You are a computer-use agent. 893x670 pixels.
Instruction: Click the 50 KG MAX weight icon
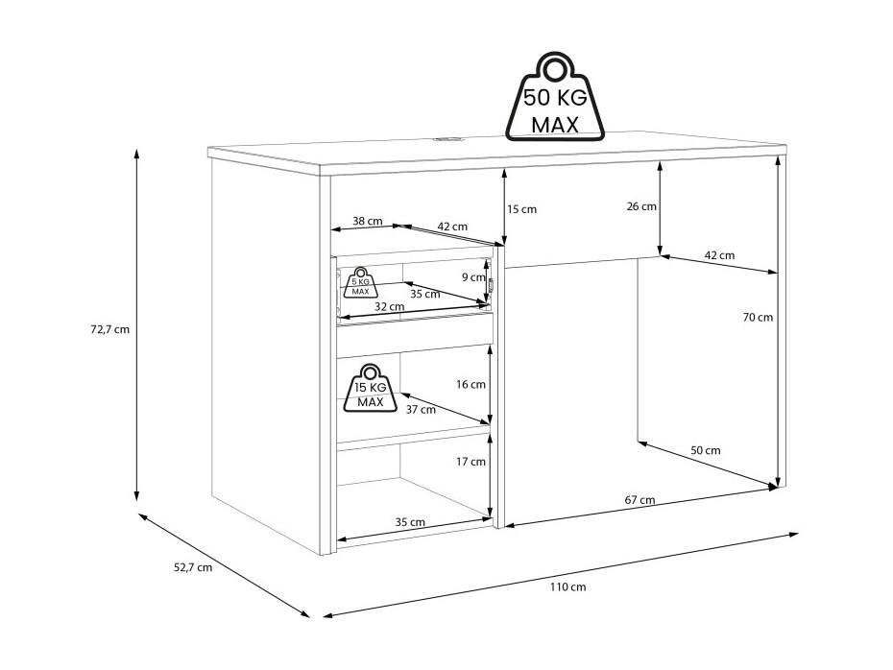point(554,97)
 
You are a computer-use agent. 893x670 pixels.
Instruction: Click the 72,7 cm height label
point(109,329)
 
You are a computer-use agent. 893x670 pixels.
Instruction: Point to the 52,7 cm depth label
point(192,567)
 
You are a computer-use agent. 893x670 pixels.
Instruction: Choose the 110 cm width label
point(567,586)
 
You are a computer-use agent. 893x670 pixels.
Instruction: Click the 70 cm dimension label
point(758,317)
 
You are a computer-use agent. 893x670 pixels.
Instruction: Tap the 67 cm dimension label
point(640,500)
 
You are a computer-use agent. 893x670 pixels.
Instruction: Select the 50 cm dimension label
point(706,450)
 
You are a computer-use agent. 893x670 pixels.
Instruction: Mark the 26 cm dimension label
point(641,206)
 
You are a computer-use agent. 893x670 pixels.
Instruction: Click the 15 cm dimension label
point(521,209)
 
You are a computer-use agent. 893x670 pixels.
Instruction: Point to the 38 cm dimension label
point(368,221)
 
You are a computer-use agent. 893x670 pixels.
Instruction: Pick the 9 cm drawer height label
point(473,277)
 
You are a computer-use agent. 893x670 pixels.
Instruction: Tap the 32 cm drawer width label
point(389,306)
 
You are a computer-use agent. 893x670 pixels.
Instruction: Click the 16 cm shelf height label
point(471,385)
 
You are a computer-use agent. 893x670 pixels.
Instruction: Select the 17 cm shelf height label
point(471,462)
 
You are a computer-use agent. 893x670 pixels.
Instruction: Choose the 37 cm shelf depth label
point(421,409)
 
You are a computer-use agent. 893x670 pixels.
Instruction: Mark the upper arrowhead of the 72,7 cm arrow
point(136,154)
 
